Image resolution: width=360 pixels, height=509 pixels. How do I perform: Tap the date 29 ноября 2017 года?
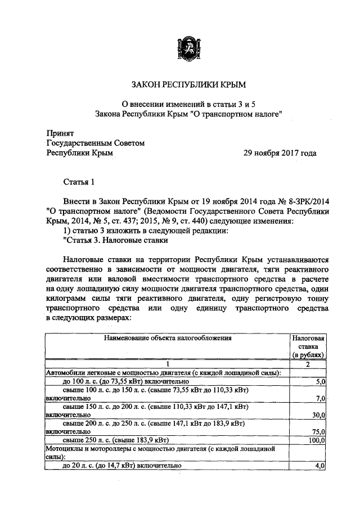tap(279, 153)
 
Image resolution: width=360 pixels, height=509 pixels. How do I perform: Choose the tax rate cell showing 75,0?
tap(318, 431)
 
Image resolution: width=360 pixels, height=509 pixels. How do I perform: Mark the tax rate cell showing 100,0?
tap(317, 440)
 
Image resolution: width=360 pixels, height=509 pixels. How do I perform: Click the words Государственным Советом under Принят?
tap(96, 143)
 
